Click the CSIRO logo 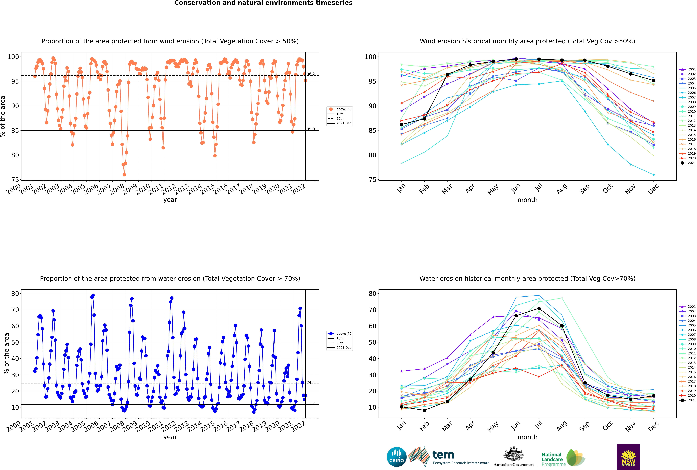click(396, 457)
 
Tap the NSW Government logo click(628, 457)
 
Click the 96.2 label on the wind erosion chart click(311, 74)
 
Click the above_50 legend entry click(340, 109)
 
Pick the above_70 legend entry click(340, 334)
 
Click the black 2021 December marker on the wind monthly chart click(654, 80)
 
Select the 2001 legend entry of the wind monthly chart click(687, 69)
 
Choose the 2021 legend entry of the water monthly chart click(687, 400)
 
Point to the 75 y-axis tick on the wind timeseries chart click(15, 180)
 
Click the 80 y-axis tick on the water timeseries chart click(15, 294)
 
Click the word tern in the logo click(443, 455)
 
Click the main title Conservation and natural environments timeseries click(263, 3)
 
